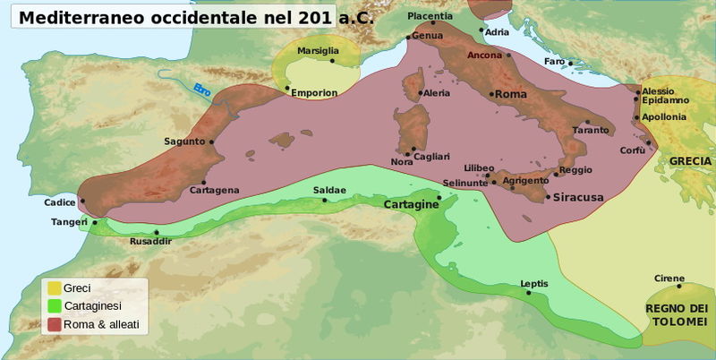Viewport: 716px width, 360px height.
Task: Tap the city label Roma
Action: pyautogui.click(x=511, y=94)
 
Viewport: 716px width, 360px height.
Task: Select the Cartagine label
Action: pyautogui.click(x=410, y=205)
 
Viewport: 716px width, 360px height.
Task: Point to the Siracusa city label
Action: pyautogui.click(x=579, y=197)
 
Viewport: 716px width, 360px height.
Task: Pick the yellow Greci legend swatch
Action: pyautogui.click(x=54, y=287)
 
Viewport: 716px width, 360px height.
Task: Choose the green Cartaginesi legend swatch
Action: pyautogui.click(x=54, y=305)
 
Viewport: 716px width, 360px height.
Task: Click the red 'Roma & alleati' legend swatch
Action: pyautogui.click(x=54, y=324)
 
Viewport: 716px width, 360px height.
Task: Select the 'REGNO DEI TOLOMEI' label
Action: pyautogui.click(x=677, y=314)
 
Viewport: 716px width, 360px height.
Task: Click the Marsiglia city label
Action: pyautogui.click(x=319, y=51)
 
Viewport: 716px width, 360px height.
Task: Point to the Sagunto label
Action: pyautogui.click(x=184, y=141)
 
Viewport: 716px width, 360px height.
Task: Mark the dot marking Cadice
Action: pyautogui.click(x=82, y=201)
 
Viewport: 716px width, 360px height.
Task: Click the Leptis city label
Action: pyautogui.click(x=534, y=284)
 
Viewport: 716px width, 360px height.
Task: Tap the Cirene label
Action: pyautogui.click(x=669, y=278)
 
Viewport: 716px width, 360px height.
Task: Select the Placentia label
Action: pyautogui.click(x=430, y=16)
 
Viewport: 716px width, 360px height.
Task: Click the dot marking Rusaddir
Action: pyautogui.click(x=157, y=232)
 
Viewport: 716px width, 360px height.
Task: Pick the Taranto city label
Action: pyautogui.click(x=591, y=131)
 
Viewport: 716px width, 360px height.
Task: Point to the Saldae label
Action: pyautogui.click(x=329, y=190)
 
